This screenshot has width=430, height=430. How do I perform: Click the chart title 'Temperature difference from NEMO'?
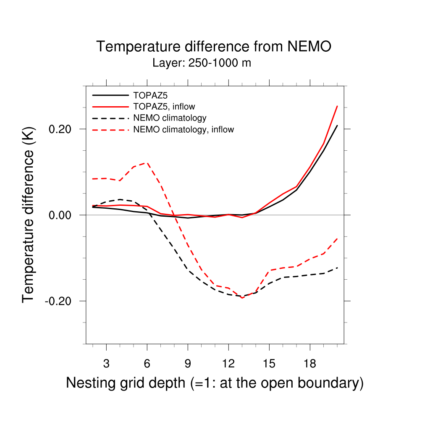pos(214,47)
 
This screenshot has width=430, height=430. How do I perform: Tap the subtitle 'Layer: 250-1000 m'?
pos(202,63)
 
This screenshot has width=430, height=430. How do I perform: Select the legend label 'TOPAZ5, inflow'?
pos(164,106)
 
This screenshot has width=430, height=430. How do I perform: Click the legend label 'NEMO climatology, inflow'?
pos(183,129)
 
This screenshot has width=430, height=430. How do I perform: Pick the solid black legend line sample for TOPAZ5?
pos(110,94)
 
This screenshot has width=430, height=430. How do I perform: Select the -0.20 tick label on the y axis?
pos(60,301)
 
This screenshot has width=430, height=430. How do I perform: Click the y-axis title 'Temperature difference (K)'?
pos(28,215)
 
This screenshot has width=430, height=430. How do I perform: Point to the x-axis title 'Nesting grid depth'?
pos(214,383)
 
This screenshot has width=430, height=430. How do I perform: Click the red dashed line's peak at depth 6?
pos(147,163)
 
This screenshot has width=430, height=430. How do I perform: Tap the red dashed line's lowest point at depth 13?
pos(242,298)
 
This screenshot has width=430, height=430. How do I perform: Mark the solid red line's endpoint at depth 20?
pos(337,106)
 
